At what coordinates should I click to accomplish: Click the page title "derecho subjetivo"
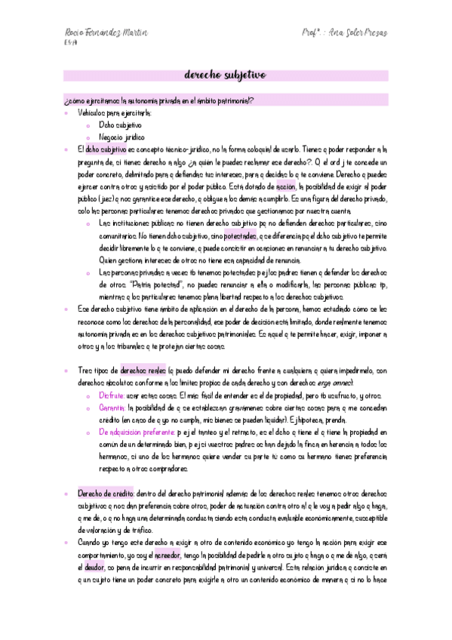coord(226,75)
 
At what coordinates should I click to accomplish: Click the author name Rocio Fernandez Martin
coord(106,33)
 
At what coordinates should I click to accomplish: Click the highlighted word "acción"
coord(287,186)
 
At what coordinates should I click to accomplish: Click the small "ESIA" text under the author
coord(69,44)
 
